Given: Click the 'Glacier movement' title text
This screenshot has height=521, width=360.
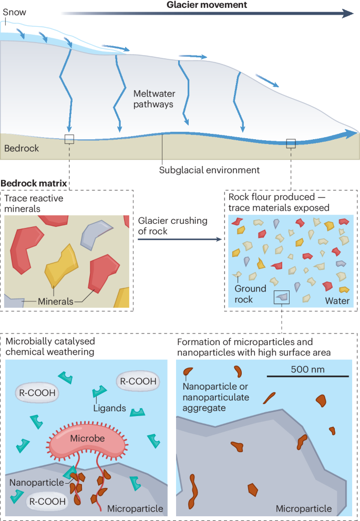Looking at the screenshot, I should tap(207, 5).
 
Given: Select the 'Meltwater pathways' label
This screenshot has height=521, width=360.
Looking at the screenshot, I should tap(153, 99).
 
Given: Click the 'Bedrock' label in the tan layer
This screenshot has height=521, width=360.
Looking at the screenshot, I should tap(22, 149).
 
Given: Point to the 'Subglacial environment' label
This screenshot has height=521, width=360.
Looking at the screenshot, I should tap(210, 170).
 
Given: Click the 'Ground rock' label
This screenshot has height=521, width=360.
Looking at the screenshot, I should tap(250, 294).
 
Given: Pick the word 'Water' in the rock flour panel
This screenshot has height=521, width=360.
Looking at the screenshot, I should tap(337, 301).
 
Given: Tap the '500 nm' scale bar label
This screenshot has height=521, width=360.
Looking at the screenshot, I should tap(307, 369).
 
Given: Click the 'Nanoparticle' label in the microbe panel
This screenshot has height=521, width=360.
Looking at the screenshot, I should tap(36, 482).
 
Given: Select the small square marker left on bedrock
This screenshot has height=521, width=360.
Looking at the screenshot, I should tap(69, 139).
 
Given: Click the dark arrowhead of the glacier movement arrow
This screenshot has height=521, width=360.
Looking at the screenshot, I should tap(347, 14).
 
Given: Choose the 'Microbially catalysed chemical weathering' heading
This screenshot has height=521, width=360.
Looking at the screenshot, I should tap(50, 347).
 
